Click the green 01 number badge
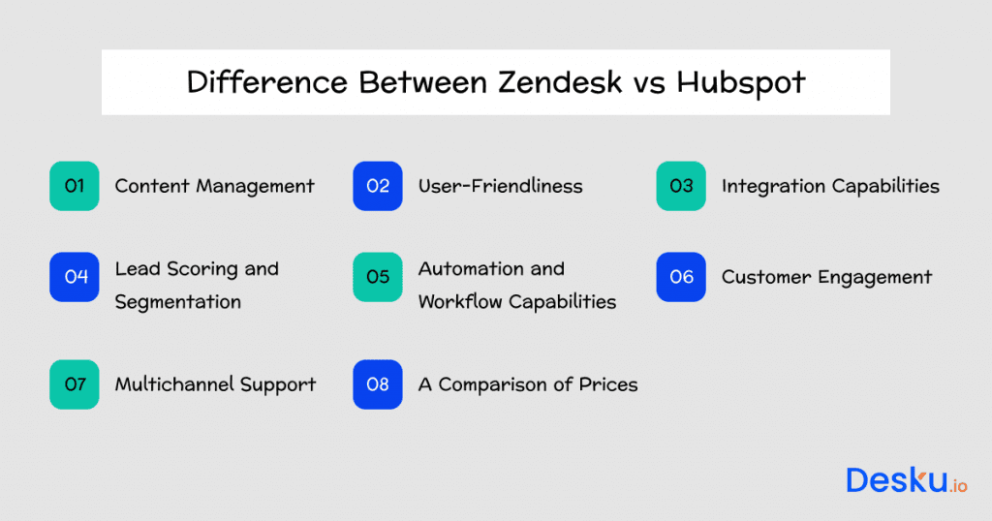click(x=75, y=186)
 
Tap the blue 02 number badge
click(x=378, y=186)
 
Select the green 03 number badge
click(x=681, y=186)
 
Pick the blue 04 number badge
click(x=75, y=277)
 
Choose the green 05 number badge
click(x=378, y=277)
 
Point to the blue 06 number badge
click(x=681, y=277)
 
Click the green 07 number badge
click(x=75, y=384)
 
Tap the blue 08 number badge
click(x=378, y=384)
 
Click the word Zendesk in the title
click(x=561, y=82)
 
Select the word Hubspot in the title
click(x=740, y=82)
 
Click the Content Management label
click(x=214, y=186)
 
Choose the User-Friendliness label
click(x=500, y=186)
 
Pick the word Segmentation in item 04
click(x=177, y=302)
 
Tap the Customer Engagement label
click(x=826, y=278)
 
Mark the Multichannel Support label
click(x=215, y=384)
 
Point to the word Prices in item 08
click(x=608, y=384)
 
